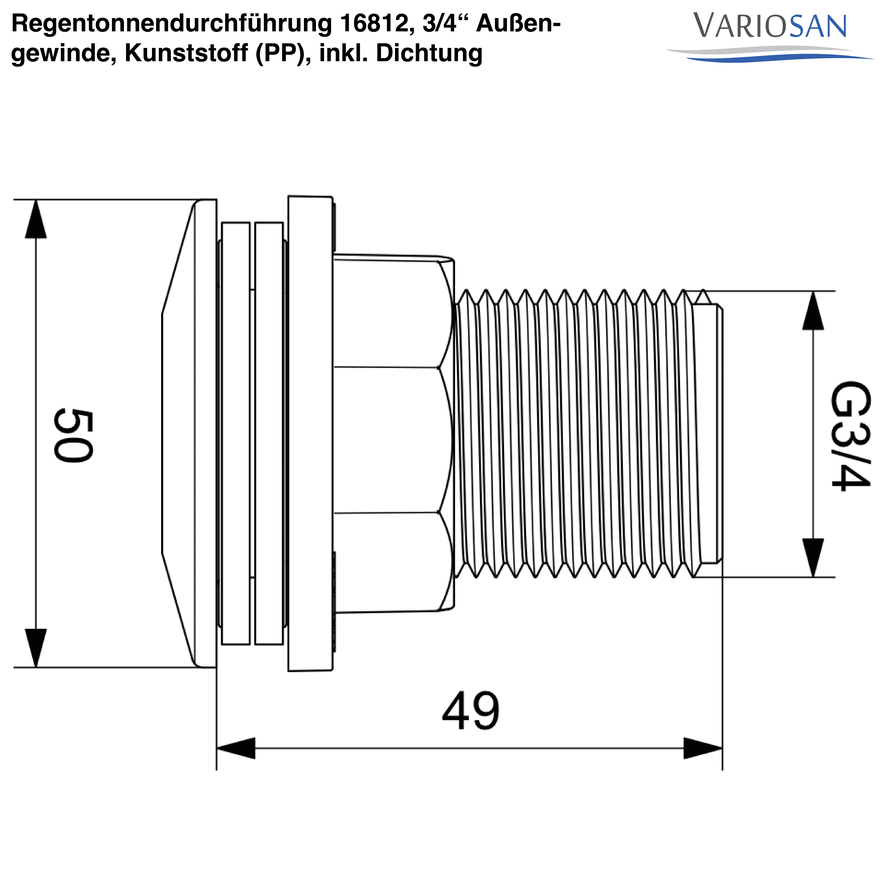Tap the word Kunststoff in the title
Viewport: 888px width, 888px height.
[186, 53]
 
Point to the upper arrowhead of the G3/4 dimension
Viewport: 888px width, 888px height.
[813, 311]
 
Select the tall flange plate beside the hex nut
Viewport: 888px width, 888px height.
[310, 433]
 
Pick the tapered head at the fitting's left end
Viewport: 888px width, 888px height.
[184, 433]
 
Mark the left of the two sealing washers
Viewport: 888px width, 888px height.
[236, 433]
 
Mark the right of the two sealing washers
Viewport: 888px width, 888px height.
[269, 433]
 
